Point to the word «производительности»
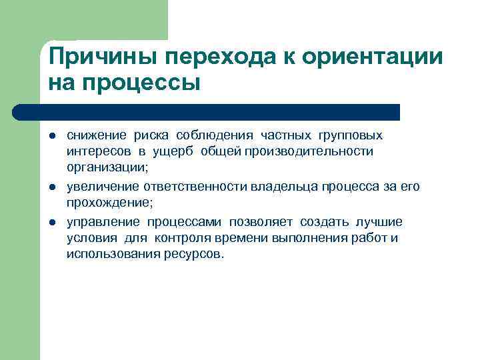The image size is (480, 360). click(x=317, y=152)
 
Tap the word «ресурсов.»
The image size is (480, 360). click(x=195, y=255)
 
